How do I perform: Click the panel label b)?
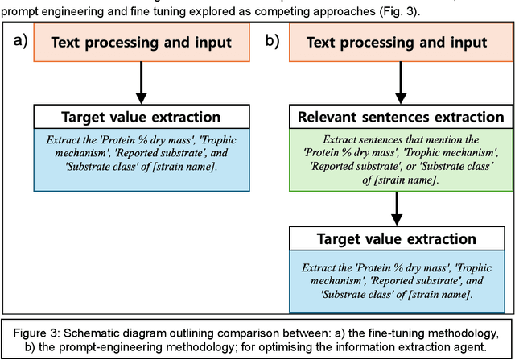(x=272, y=42)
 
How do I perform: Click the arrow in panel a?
(x=141, y=82)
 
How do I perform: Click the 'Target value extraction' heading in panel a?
(x=141, y=116)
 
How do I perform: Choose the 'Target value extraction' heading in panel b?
(x=395, y=240)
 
